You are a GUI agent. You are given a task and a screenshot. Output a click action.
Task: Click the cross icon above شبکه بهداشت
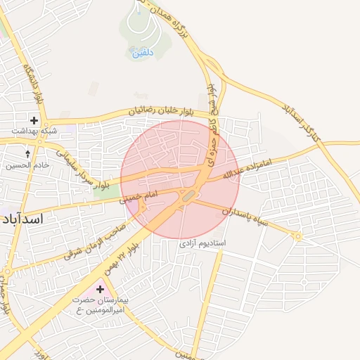point(34,120)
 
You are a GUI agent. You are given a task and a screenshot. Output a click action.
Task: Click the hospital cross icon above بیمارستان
point(100,289)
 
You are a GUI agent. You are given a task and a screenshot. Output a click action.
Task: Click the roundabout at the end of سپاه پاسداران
point(298,236)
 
